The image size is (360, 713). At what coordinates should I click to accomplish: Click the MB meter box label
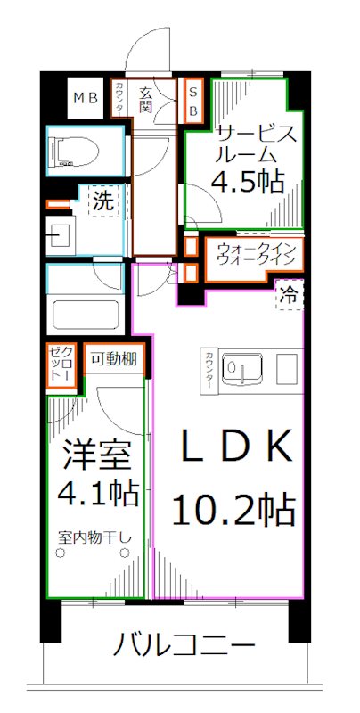[x=86, y=98]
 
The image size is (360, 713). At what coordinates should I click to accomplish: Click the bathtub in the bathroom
[x=86, y=314]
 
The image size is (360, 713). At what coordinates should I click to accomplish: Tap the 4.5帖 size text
[x=248, y=182]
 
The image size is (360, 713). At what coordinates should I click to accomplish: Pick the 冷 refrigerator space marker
[x=290, y=294]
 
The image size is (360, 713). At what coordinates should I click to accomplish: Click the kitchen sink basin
[x=239, y=366]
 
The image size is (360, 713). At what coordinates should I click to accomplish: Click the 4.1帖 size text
[x=97, y=493]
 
